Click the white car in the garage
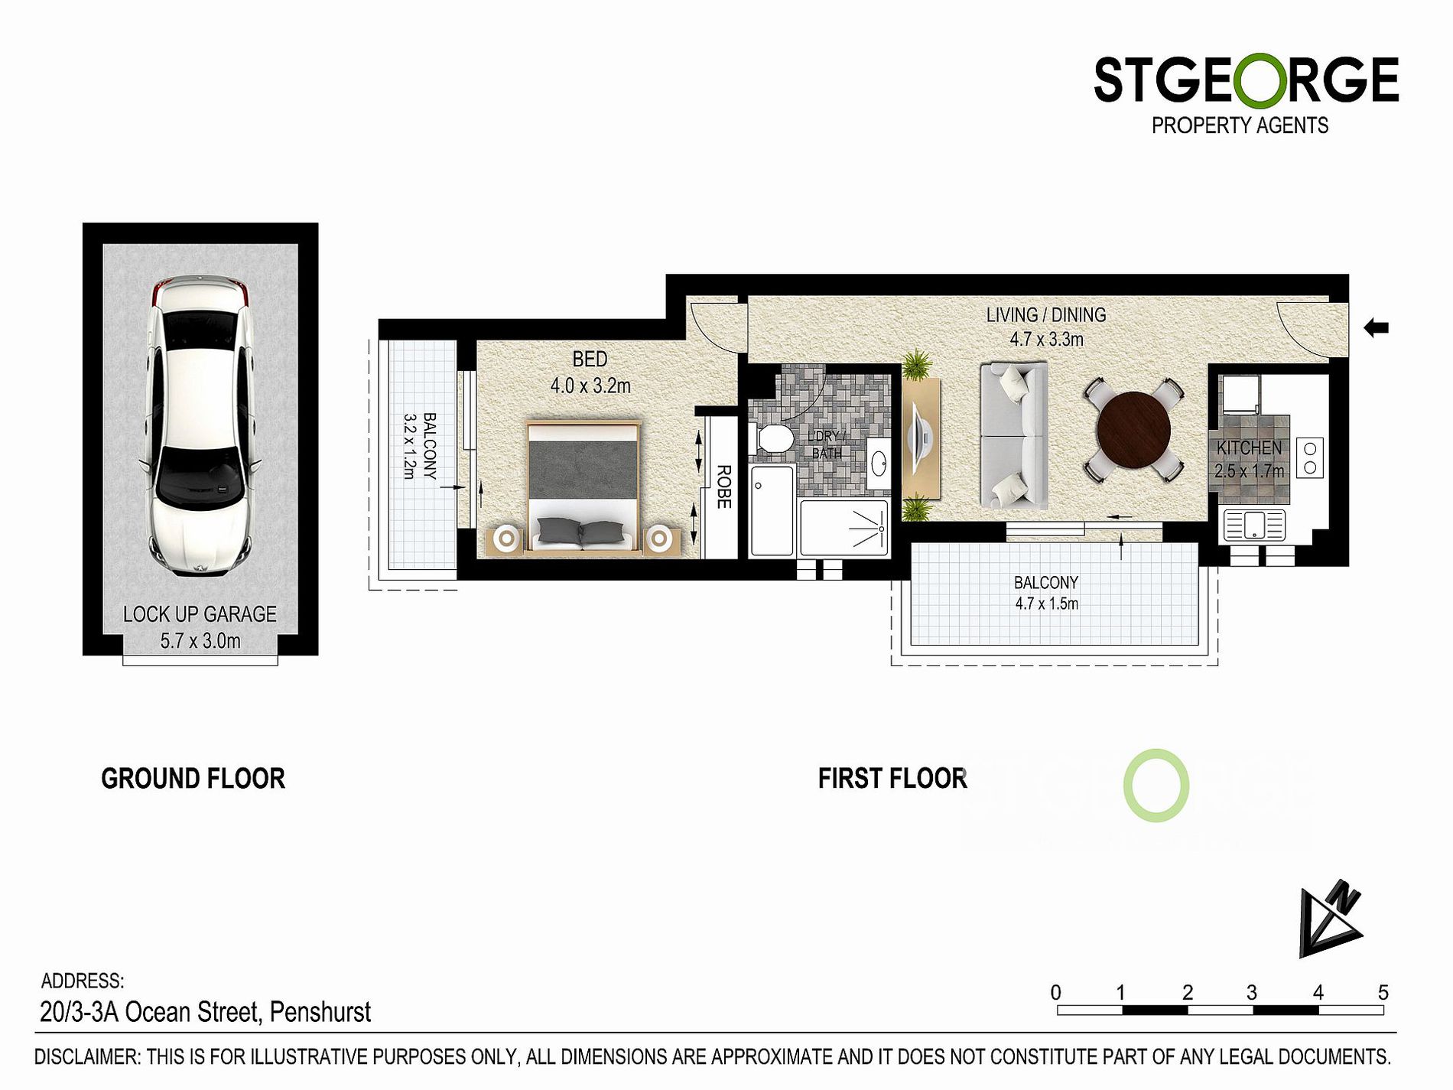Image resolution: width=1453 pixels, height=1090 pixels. tap(200, 425)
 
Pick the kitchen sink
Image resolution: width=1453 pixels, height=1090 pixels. tap(1254, 525)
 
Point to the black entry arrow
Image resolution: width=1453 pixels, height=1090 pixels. tap(1376, 328)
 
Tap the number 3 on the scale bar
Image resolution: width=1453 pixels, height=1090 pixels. tap(1251, 993)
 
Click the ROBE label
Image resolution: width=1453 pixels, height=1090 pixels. tap(723, 486)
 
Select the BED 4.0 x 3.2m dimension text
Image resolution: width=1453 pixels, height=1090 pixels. tap(590, 373)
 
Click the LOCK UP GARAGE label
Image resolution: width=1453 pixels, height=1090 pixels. tap(200, 614)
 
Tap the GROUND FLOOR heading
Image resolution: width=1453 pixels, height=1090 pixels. tap(193, 779)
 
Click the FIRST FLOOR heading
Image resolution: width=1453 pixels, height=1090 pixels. tap(892, 779)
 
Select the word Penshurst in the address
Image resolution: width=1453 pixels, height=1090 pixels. tap(320, 1012)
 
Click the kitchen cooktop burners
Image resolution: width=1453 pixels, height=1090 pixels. tap(1310, 457)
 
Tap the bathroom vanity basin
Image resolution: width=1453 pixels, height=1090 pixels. tap(879, 462)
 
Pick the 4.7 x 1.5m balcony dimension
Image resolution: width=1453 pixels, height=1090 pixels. tap(1046, 604)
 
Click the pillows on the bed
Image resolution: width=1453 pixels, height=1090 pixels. tap(580, 530)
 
